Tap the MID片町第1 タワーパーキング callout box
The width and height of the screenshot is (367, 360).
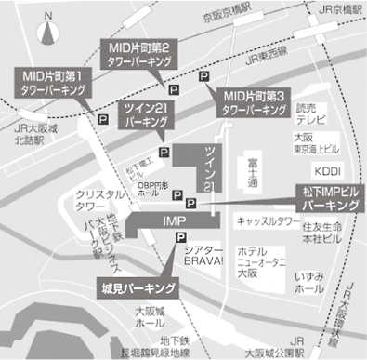(53, 83)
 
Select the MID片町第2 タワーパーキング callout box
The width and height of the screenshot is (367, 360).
(138, 51)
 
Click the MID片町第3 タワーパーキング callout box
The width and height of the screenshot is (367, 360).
(252, 101)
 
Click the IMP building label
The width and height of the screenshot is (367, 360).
(175, 222)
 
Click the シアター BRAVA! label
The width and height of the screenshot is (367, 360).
(204, 256)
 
